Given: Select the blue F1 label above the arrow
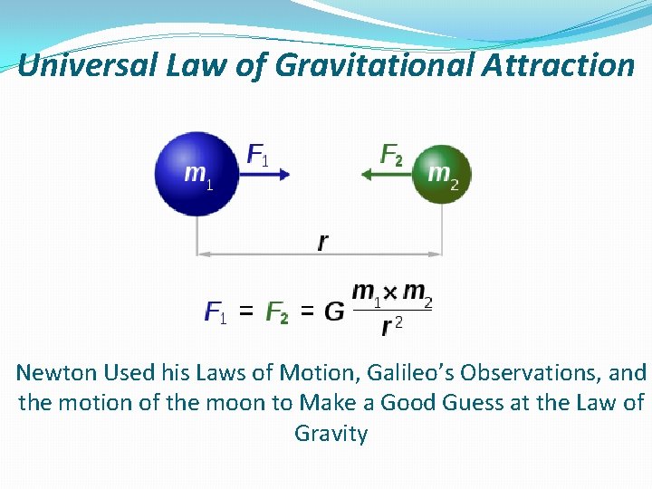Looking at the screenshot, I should pos(258,154).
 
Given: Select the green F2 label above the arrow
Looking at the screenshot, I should pos(391,155).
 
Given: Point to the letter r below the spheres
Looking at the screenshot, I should pos(323,242).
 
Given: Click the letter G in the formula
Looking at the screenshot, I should pos(334,312).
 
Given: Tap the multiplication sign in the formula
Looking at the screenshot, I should pos(388,292).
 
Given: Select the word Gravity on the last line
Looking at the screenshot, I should pos(331,433).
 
